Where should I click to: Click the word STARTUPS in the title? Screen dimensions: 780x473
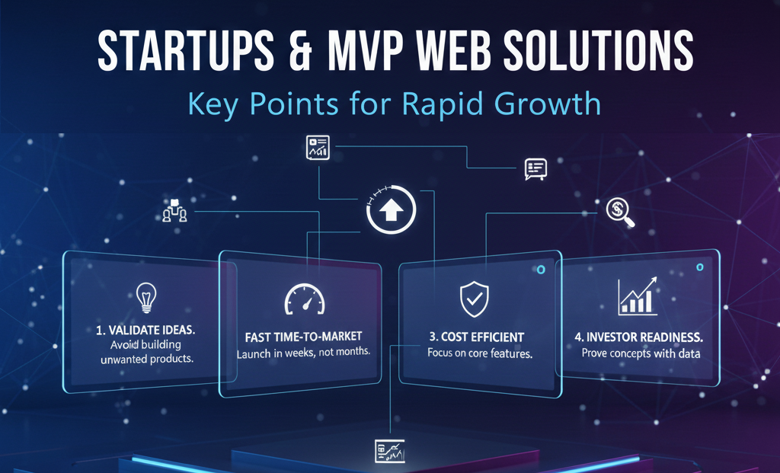point(186,50)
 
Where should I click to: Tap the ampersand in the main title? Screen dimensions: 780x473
point(300,50)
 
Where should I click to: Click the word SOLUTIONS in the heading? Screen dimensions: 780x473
point(599,50)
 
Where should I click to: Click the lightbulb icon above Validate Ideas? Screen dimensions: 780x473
point(146,297)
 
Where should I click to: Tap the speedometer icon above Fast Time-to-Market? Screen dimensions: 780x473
point(305,299)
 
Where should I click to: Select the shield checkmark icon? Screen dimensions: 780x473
point(474,299)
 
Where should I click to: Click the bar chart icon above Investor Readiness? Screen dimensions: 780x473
point(638,296)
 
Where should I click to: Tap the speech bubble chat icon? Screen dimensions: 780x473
point(535,169)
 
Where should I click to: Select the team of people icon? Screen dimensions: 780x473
point(174,210)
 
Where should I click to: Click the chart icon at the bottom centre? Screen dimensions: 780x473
point(389,451)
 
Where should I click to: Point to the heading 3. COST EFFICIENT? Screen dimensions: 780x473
point(477,337)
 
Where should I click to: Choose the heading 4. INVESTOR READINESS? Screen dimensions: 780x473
point(639,337)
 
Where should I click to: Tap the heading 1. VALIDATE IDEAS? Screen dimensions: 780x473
point(145,330)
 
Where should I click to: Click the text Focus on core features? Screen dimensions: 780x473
point(480,353)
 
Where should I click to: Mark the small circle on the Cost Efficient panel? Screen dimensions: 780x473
point(541,270)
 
